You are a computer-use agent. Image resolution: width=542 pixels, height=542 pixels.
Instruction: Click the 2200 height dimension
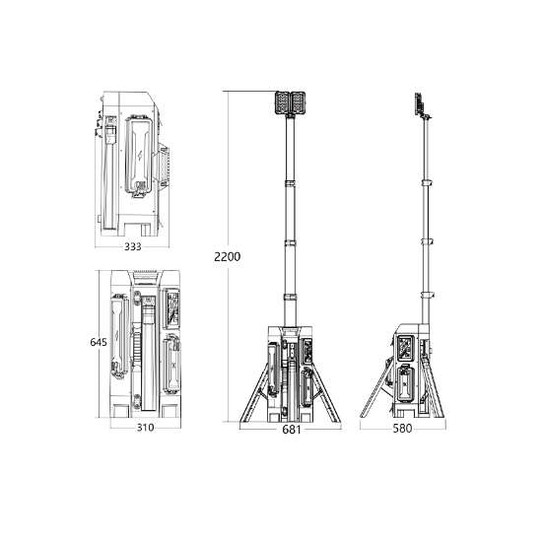227,257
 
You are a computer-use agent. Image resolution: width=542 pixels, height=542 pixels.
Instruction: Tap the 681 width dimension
292,430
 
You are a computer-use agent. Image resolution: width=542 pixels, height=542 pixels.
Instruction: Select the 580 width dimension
402,429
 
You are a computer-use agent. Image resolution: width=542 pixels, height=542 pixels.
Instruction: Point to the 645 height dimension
99,342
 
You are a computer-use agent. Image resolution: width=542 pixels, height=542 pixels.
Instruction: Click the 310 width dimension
145,428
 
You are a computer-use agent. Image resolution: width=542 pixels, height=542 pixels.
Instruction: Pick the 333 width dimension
133,246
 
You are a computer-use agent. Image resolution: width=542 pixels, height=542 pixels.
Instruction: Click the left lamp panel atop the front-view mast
283,102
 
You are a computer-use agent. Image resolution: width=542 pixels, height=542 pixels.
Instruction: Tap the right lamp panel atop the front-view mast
299,102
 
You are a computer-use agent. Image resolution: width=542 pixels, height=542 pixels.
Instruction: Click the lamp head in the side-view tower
419,103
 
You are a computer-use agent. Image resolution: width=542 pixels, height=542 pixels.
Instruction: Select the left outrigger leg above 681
254,393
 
